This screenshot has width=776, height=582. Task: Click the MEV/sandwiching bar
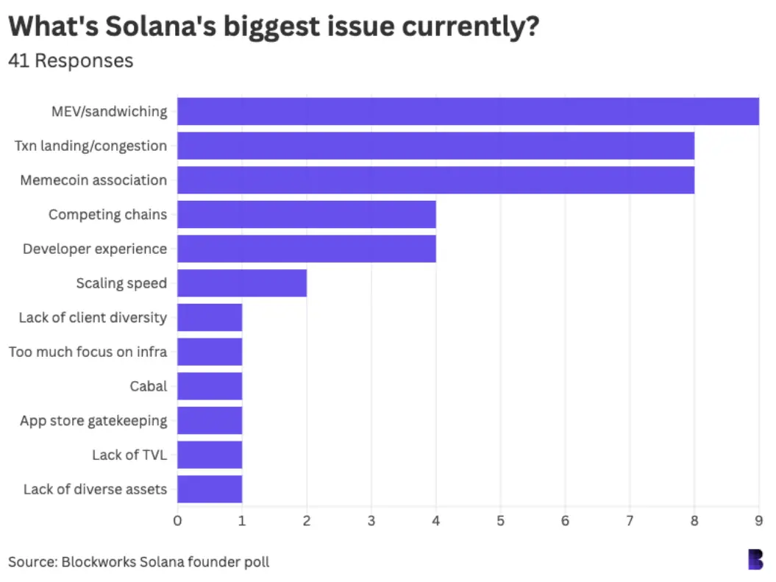click(468, 111)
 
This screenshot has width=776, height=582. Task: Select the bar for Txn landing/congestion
click(435, 146)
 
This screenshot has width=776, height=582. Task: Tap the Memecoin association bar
click(435, 180)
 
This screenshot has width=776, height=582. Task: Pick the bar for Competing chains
click(307, 214)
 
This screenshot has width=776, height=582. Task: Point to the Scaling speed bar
click(242, 283)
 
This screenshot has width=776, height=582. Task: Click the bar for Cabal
click(210, 386)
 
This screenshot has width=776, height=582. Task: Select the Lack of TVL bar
click(210, 455)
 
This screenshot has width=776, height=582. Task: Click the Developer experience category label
click(95, 249)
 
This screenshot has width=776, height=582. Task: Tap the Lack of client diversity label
click(93, 318)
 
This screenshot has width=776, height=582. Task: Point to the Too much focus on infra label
click(88, 352)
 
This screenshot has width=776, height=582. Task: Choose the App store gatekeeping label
click(93, 421)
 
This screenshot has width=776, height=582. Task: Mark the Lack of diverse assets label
click(95, 489)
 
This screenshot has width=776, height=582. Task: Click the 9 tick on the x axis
click(759, 521)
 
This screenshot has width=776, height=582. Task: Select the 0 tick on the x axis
click(177, 521)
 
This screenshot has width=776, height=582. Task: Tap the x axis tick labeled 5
click(500, 521)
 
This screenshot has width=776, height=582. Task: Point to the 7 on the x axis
click(630, 521)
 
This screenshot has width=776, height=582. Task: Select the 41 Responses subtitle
click(71, 60)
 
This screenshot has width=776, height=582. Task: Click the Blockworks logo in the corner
click(755, 559)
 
